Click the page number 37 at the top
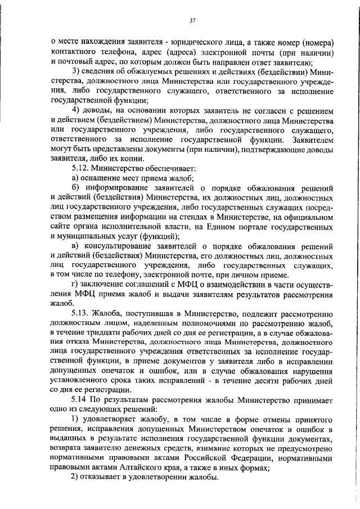point(192,21)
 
